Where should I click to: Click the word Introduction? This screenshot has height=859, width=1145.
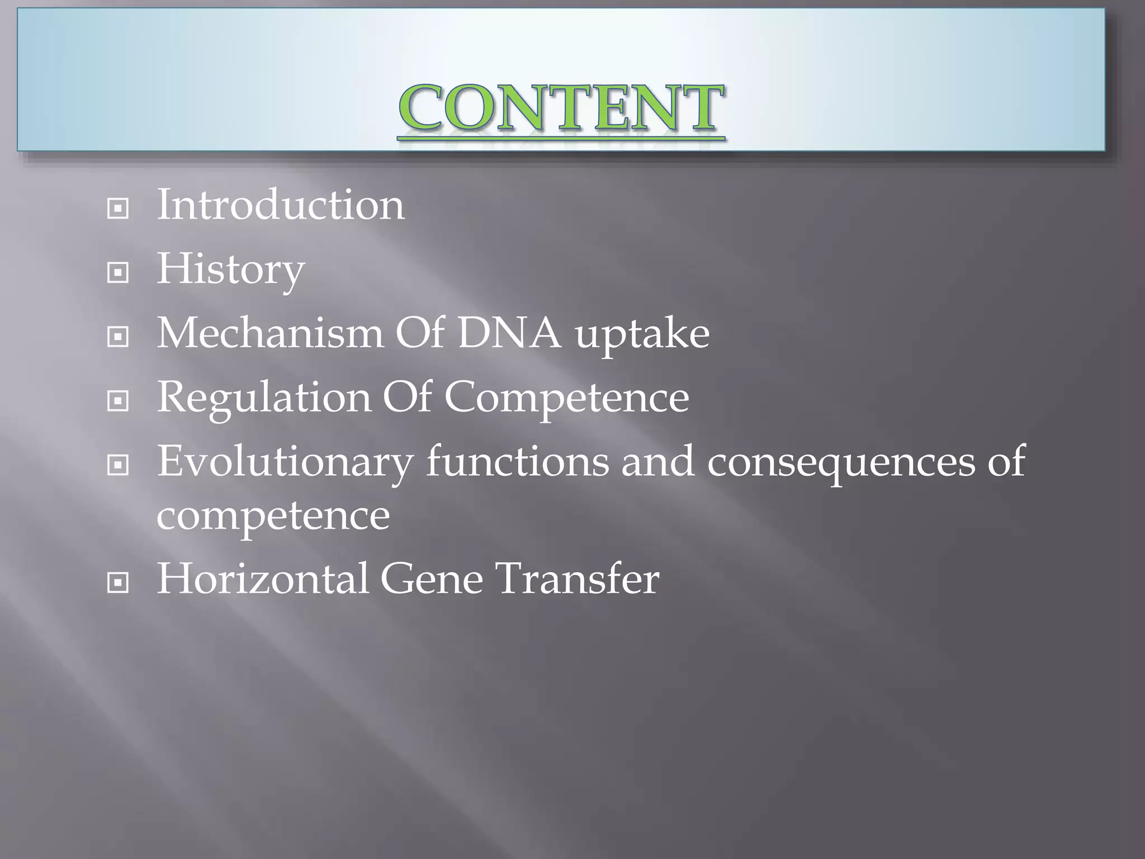pyautogui.click(x=281, y=205)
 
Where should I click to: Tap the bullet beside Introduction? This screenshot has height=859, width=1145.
pyautogui.click(x=118, y=209)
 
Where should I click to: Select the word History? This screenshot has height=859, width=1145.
pyautogui.click(x=230, y=270)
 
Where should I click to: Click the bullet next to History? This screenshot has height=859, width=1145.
pyautogui.click(x=118, y=273)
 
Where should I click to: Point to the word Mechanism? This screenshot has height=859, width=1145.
pyautogui.click(x=269, y=333)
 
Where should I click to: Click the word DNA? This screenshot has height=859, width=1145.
pyautogui.click(x=509, y=333)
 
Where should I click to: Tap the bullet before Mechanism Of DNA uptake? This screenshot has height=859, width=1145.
pyautogui.click(x=118, y=337)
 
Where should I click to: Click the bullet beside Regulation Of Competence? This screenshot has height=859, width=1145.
pyautogui.click(x=118, y=401)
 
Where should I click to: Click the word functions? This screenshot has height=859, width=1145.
pyautogui.click(x=518, y=461)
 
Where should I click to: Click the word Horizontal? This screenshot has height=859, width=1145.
pyautogui.click(x=262, y=579)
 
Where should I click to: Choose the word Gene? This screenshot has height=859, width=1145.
pyautogui.click(x=432, y=579)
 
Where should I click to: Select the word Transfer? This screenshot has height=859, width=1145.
pyautogui.click(x=578, y=579)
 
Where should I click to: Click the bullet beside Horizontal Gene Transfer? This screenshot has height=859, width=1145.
pyautogui.click(x=118, y=583)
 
